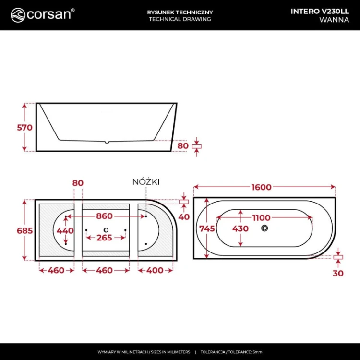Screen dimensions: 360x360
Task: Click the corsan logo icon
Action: pyautogui.click(x=18, y=15)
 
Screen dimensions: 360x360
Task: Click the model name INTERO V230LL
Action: pyautogui.click(x=320, y=11)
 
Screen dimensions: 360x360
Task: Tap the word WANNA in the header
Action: pyautogui.click(x=334, y=20)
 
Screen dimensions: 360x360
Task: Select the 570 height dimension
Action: pyautogui.click(x=25, y=127)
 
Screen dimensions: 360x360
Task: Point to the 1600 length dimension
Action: pyautogui.click(x=262, y=187)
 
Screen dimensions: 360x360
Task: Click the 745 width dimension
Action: pyautogui.click(x=207, y=228)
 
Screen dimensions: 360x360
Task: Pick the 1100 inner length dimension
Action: pyautogui.click(x=262, y=217)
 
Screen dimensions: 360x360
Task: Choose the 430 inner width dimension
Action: pyautogui.click(x=240, y=228)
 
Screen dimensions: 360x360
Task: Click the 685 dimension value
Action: pyautogui.click(x=25, y=230)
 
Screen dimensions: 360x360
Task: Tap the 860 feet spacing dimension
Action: pyautogui.click(x=105, y=216)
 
